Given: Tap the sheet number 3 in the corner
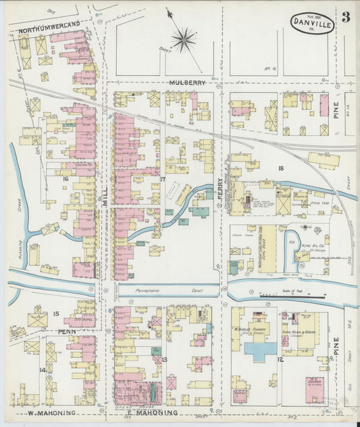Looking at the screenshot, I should [345, 18].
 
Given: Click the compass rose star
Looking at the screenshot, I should [183, 39].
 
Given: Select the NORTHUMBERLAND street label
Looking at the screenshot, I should [49, 24].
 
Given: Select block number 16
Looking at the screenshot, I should [66, 179].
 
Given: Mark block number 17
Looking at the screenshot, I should [163, 179].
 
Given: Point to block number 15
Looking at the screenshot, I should [56, 313].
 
